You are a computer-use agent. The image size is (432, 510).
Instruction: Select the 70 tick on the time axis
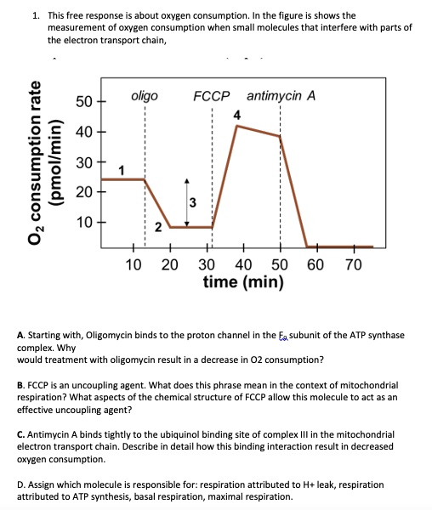(x=354, y=264)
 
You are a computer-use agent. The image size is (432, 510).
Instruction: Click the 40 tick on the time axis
(x=243, y=264)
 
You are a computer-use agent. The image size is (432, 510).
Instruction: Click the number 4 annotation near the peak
(x=237, y=114)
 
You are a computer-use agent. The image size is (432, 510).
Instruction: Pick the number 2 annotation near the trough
(x=158, y=225)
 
